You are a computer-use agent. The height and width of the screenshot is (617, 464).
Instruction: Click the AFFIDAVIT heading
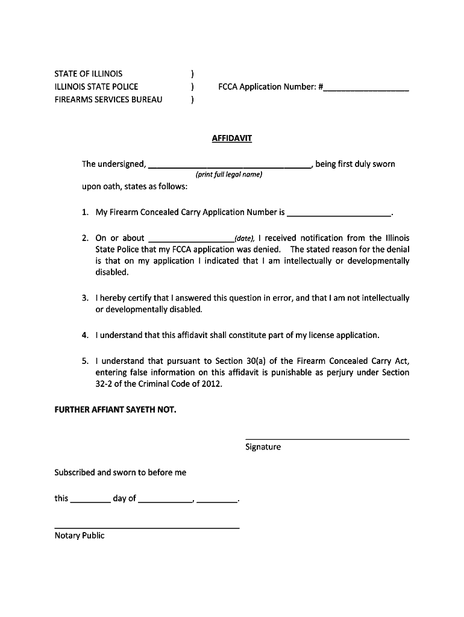(232, 139)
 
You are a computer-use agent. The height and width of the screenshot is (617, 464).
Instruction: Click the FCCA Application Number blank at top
(366, 89)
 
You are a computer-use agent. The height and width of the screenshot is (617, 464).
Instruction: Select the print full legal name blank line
(229, 166)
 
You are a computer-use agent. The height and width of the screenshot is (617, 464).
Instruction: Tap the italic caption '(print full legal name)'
(228, 175)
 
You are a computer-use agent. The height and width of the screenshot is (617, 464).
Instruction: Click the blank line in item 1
(339, 215)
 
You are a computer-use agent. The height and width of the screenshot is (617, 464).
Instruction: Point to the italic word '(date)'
(245, 238)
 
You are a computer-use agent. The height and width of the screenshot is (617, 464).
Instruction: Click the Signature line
(327, 439)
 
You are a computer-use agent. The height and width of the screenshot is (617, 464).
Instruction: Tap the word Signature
(263, 447)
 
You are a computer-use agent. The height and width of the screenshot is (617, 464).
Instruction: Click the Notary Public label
(79, 536)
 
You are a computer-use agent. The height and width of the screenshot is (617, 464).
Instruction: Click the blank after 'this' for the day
(90, 501)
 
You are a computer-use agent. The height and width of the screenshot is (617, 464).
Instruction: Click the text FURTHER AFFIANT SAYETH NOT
(115, 410)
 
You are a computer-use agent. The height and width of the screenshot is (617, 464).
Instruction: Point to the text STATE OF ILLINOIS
(88, 74)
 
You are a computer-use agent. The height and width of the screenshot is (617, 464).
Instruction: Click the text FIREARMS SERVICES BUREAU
(108, 99)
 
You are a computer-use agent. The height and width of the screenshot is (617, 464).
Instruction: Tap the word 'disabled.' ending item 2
(112, 272)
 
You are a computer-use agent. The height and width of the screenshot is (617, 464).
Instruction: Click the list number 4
(86, 335)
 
